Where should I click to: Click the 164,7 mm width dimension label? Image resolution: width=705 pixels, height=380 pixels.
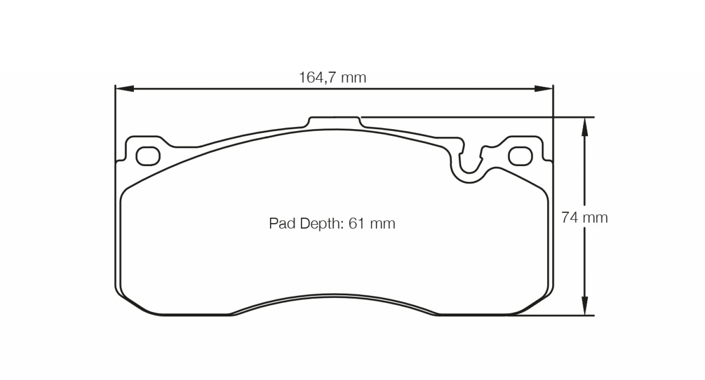click(332, 78)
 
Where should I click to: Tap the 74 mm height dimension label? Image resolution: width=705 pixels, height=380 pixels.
click(584, 217)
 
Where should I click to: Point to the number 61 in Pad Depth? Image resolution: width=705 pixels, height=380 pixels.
click(357, 224)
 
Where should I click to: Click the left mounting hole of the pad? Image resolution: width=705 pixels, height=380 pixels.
click(148, 156)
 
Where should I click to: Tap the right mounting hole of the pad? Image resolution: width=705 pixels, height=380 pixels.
click(520, 156)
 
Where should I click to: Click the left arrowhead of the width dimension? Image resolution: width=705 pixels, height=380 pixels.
click(125, 89)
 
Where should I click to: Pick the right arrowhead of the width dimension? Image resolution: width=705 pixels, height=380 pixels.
click(544, 89)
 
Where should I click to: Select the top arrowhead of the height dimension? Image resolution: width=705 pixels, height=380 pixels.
click(584, 127)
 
